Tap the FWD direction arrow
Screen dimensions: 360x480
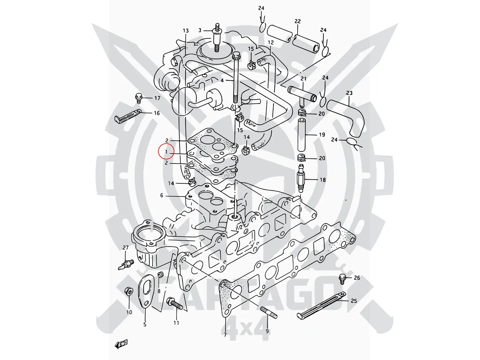tap(121, 344)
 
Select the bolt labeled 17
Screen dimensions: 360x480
tap(139, 98)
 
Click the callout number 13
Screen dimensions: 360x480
tap(185, 31)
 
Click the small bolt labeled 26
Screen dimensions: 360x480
tap(342, 278)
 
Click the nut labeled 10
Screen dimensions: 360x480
tap(129, 292)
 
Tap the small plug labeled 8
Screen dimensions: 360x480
tap(159, 274)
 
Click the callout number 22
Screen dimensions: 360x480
tap(298, 21)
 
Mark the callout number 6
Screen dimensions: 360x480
tap(162, 195)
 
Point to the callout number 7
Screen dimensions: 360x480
tap(225, 335)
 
